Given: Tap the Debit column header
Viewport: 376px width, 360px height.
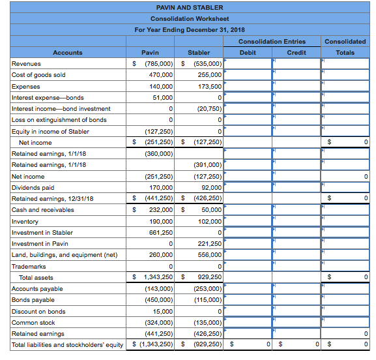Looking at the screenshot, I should pos(248,52).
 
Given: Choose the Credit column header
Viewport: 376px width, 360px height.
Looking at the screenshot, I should pos(296,52).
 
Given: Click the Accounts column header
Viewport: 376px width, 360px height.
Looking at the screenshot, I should pos(68,52).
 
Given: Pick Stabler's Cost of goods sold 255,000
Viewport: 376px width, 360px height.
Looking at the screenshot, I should pos(209,75).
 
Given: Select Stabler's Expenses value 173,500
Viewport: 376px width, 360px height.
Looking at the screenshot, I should pos(209,86).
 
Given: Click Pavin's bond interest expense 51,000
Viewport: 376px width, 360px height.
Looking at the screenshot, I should pos(162,97).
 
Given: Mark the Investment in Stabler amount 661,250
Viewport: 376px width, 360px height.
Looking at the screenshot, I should pos(160,232).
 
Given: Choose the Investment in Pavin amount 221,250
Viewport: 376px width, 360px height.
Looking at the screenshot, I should pos(209,244).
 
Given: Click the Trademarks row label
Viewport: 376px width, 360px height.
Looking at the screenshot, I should pos(29,266).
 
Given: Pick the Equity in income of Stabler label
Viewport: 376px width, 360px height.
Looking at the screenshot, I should pos(50,131).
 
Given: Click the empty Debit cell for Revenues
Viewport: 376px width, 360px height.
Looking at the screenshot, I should pos(248,64).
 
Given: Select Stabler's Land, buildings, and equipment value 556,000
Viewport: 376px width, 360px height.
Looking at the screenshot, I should pos(209,255).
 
